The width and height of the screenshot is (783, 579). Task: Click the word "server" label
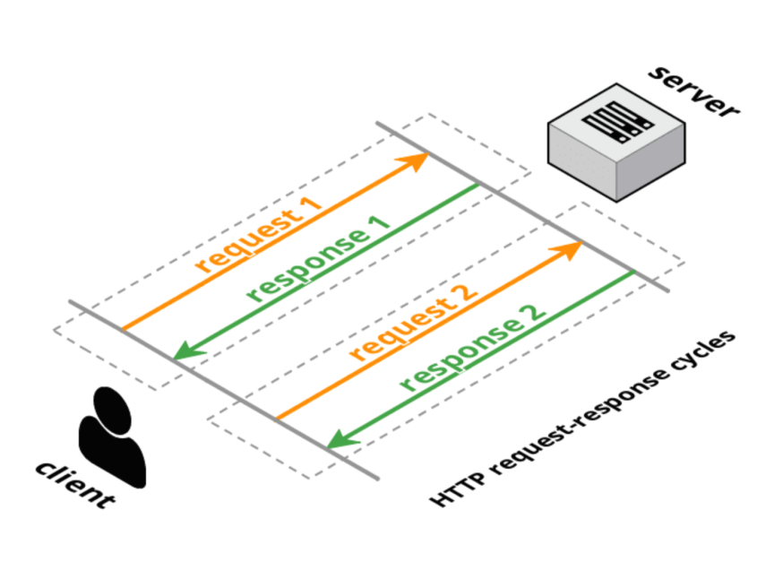[693, 92]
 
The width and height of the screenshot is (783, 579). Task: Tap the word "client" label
[75, 485]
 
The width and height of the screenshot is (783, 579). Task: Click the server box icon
[616, 143]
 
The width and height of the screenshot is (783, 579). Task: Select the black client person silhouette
[112, 437]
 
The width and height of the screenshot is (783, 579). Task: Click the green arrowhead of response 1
[188, 350]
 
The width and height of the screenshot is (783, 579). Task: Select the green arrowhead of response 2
[342, 438]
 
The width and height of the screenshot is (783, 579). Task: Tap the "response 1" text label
[318, 259]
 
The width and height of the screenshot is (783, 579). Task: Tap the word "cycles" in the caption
[704, 351]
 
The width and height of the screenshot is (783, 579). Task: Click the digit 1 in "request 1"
[311, 205]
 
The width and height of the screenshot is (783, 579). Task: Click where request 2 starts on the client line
[278, 419]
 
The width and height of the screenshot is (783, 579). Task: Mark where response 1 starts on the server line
[478, 185]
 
